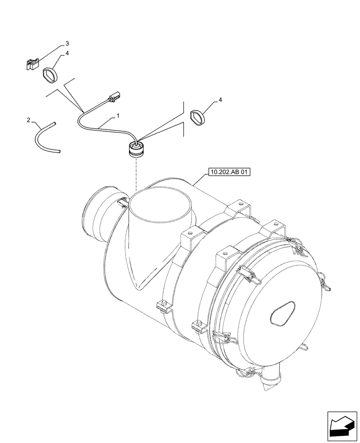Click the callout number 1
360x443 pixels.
point(118,116)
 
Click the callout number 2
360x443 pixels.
point(28,120)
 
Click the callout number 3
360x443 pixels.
point(67,43)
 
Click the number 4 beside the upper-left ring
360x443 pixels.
point(67,53)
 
